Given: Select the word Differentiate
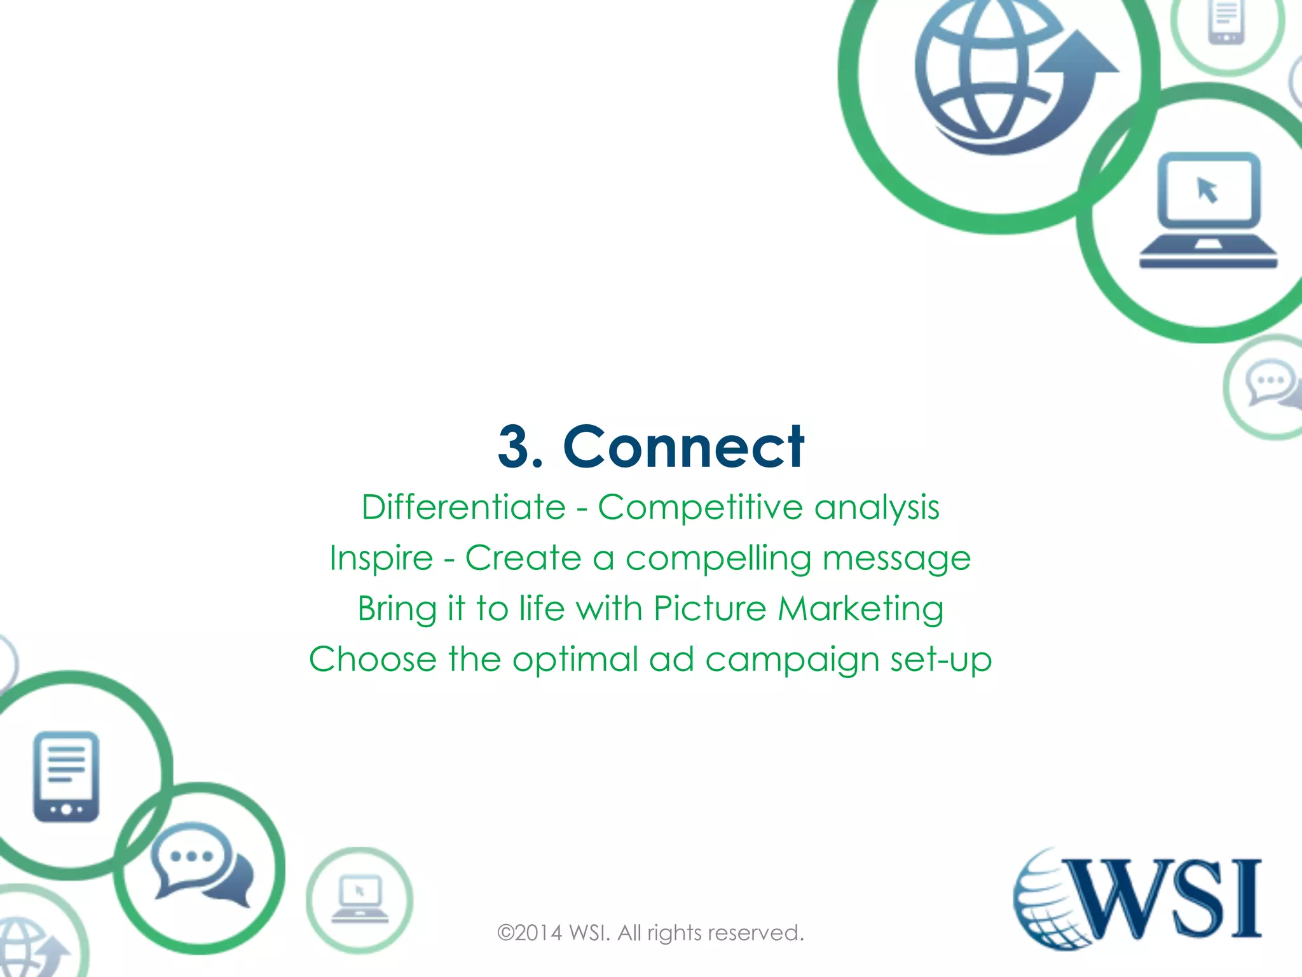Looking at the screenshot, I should (x=463, y=508).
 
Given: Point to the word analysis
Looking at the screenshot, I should (x=877, y=508).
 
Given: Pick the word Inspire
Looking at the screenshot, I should (x=381, y=558).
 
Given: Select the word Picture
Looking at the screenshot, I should (x=709, y=609).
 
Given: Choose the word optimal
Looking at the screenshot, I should (x=575, y=660).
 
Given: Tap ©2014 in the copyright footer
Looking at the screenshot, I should (x=530, y=933).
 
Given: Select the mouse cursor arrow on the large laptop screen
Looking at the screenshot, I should (x=1207, y=190).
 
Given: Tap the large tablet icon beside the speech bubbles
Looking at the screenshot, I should (x=66, y=777).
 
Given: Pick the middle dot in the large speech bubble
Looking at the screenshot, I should (x=191, y=856).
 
